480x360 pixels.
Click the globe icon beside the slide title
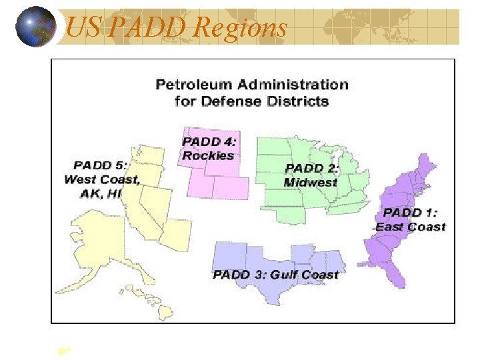35,27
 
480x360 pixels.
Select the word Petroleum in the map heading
189,85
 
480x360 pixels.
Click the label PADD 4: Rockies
209,148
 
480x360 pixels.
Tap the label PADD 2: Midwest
311,175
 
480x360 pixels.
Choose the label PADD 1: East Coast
410,220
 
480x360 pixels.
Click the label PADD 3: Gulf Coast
275,275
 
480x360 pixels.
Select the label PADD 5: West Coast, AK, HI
101,179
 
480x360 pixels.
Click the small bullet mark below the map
65,349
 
